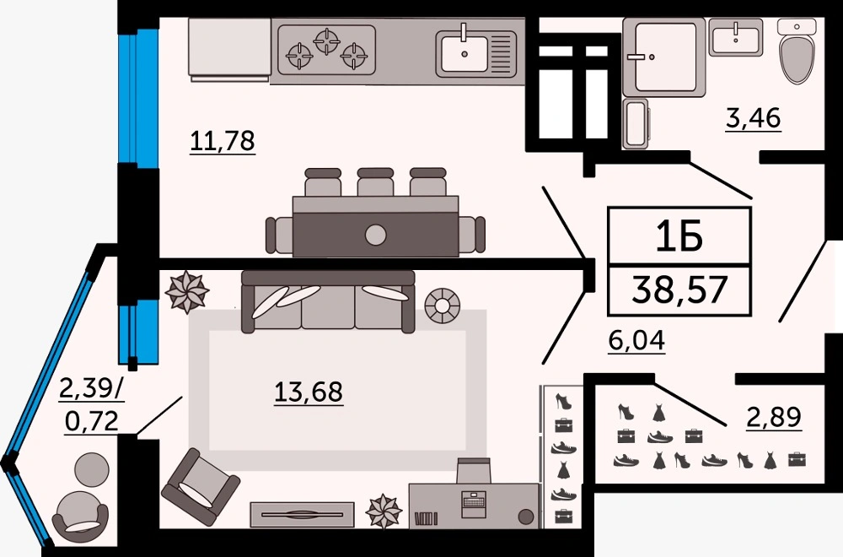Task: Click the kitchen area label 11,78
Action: pyautogui.click(x=223, y=141)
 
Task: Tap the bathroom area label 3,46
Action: pyautogui.click(x=753, y=118)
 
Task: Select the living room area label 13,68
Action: pyautogui.click(x=309, y=392)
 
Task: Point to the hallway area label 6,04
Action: pyautogui.click(x=637, y=340)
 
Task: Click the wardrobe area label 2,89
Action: pyautogui.click(x=774, y=417)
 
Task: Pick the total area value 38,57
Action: pyautogui.click(x=679, y=289)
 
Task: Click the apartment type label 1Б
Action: pyautogui.click(x=679, y=237)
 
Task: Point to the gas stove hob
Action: pyautogui.click(x=326, y=50)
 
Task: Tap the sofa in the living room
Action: pyautogui.click(x=328, y=301)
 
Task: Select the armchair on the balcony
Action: pyautogui.click(x=81, y=517)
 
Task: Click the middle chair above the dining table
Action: pyautogui.click(x=375, y=182)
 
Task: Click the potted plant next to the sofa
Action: pyautogui.click(x=186, y=292)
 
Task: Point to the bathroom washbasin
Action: pyautogui.click(x=735, y=36)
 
